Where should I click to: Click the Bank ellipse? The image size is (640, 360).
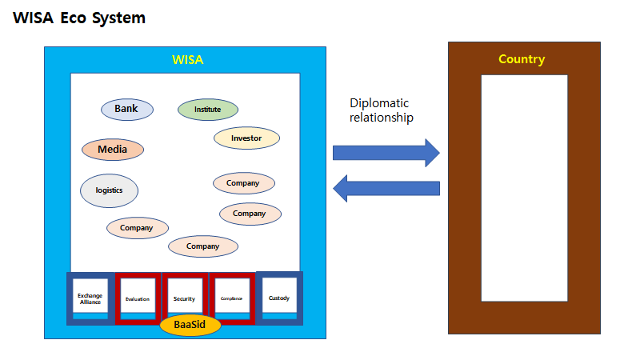tap(126, 110)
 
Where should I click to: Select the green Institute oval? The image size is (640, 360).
tap(208, 110)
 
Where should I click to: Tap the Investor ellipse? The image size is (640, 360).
tap(246, 138)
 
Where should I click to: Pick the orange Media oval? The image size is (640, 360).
tap(113, 150)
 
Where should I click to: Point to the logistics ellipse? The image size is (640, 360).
tap(110, 190)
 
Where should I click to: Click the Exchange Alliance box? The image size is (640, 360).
tap(90, 298)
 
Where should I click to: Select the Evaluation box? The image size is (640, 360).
tap(138, 298)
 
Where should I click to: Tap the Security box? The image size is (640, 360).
tap(184, 298)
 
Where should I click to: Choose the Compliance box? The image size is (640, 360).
tap(231, 298)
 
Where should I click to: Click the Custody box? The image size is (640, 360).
tap(279, 298)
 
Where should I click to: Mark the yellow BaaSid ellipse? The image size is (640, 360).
tap(190, 325)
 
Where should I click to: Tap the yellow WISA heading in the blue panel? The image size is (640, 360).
tap(189, 60)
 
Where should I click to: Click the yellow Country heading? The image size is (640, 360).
tap(522, 59)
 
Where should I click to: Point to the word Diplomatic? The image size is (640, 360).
tap(379, 103)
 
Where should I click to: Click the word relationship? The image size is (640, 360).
tap(382, 118)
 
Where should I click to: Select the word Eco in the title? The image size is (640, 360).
tap(74, 18)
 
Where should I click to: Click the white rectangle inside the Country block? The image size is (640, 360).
tap(524, 188)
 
